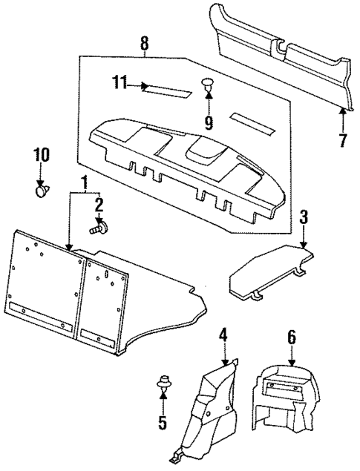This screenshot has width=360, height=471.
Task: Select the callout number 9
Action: pyautogui.click(x=209, y=121)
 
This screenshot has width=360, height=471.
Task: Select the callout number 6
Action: pyautogui.click(x=292, y=338)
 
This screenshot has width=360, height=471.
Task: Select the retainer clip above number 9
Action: pyautogui.click(x=208, y=87)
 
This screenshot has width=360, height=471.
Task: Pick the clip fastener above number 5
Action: pyautogui.click(x=162, y=386)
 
